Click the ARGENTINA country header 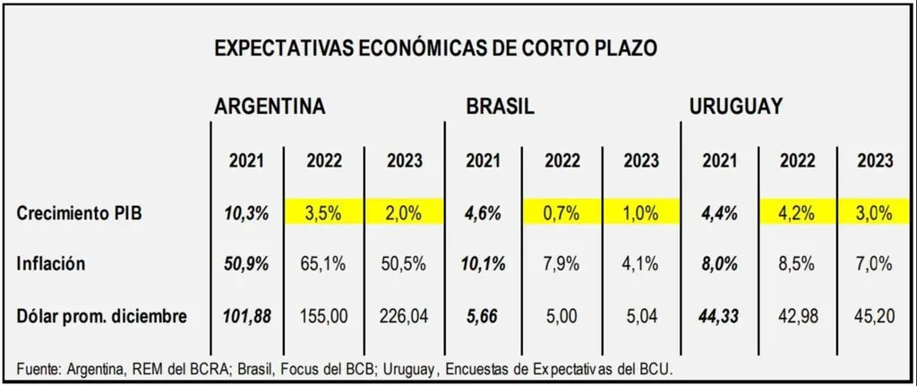point(270,107)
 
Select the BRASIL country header point(500,107)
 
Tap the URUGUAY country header point(736,107)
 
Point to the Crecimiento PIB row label point(81,214)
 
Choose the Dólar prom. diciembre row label point(102,315)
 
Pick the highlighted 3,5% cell point(324,214)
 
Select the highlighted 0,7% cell point(562,214)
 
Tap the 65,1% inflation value point(324,265)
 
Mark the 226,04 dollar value point(405,315)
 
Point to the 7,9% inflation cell point(562,265)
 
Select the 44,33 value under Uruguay point(719,315)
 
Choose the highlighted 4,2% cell point(796,214)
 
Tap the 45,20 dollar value point(874,315)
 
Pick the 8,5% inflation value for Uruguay point(796,265)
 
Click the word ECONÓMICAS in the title point(416,48)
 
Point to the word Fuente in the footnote point(38,369)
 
